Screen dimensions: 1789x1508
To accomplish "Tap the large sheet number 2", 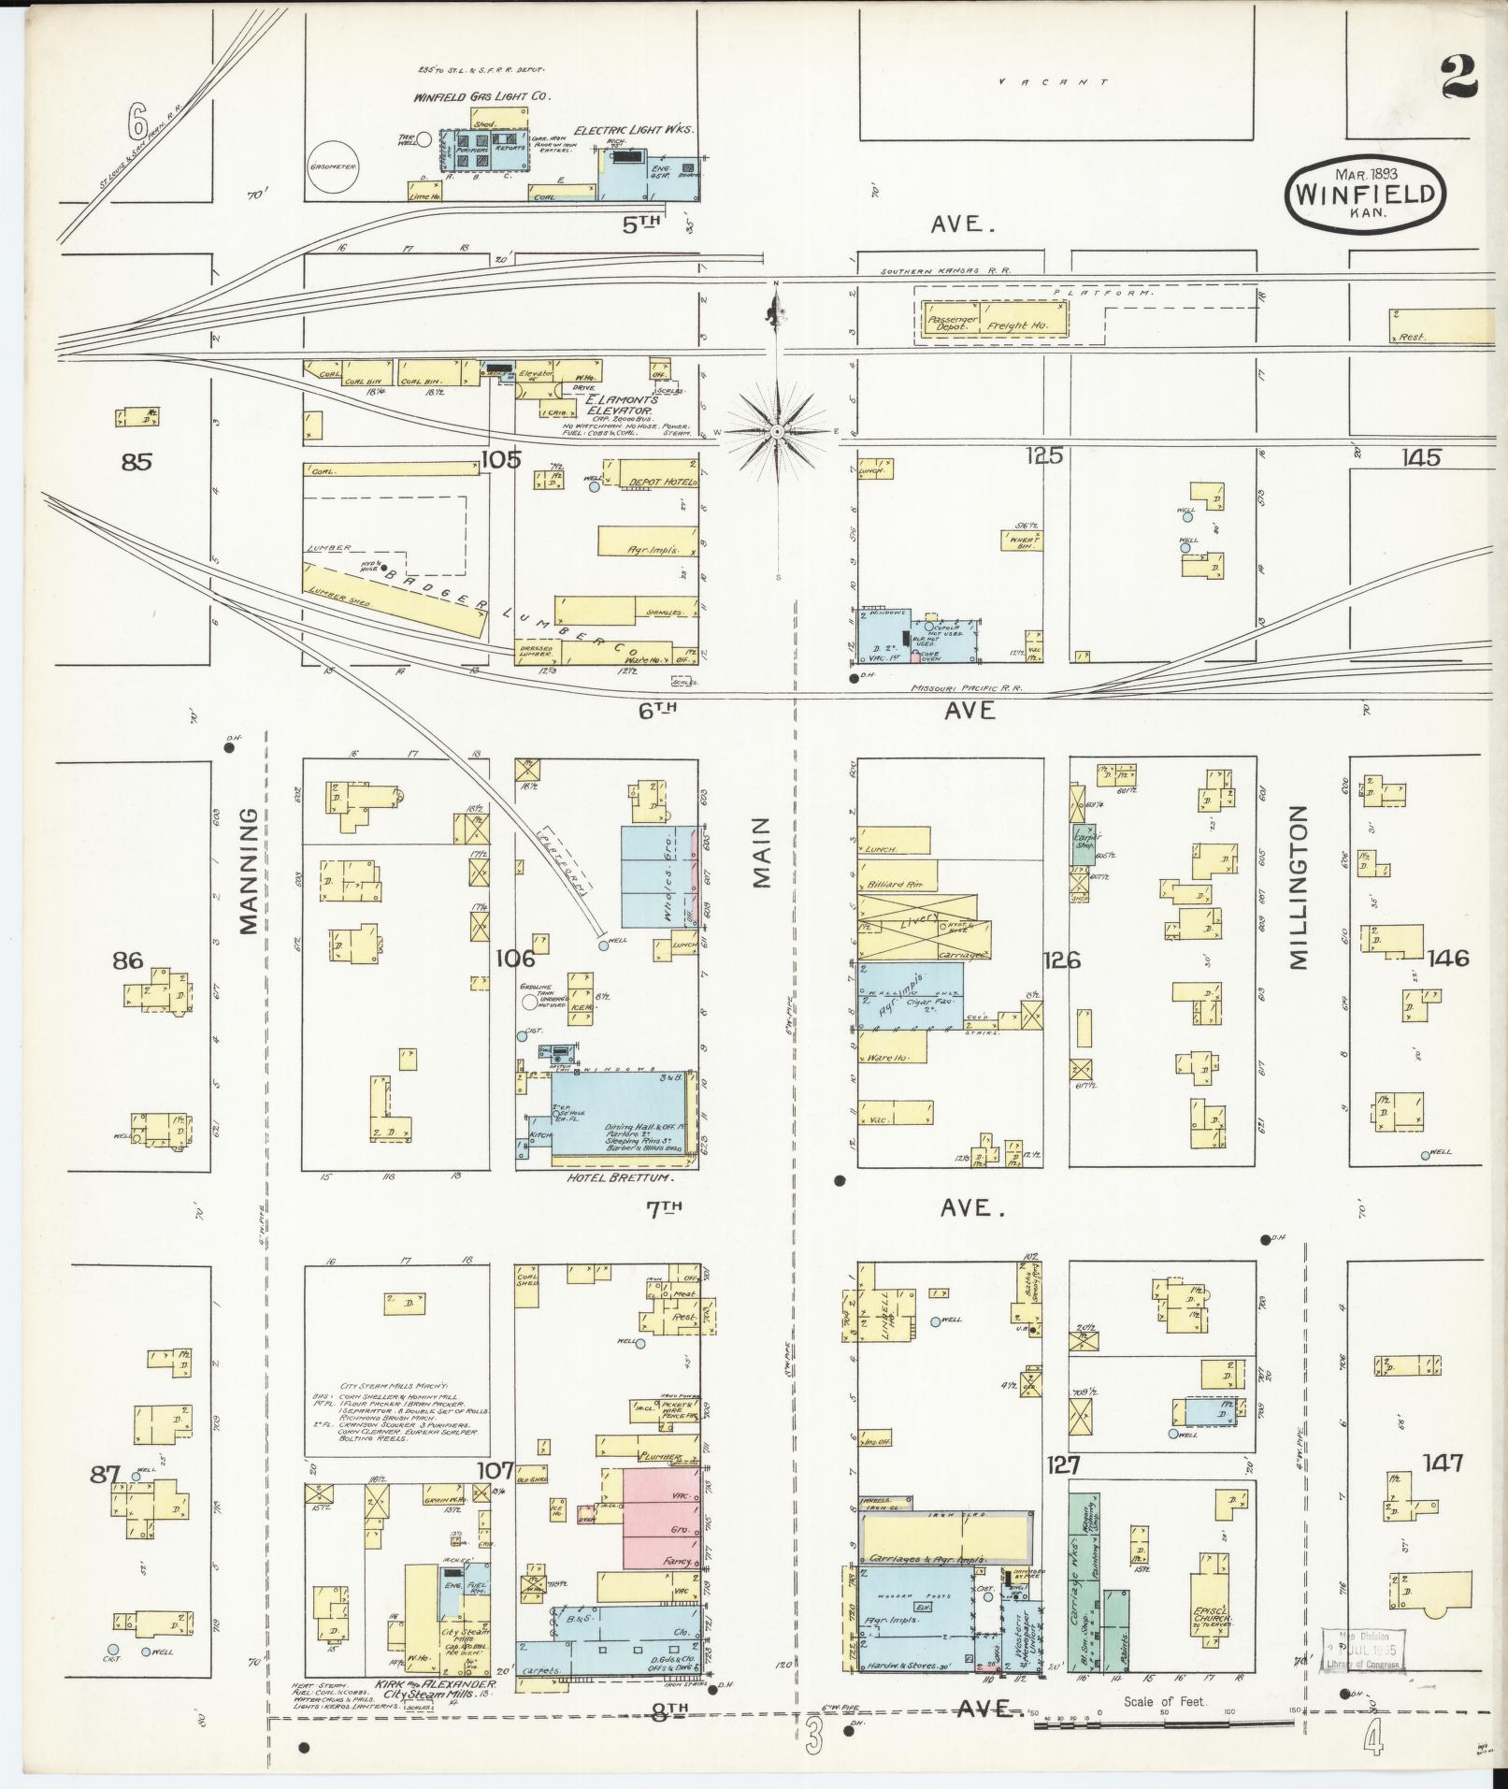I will (x=1458, y=76).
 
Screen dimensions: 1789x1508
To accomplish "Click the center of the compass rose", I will (x=776, y=432).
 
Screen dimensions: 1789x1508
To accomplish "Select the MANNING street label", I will (x=247, y=872).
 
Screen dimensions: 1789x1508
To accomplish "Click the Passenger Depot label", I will (x=952, y=323).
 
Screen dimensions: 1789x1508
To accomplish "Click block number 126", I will (x=1063, y=959).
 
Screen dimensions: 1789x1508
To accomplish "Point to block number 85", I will (x=136, y=461).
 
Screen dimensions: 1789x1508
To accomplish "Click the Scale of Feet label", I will (x=1165, y=1701).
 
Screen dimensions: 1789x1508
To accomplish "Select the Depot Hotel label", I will (x=661, y=481).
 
